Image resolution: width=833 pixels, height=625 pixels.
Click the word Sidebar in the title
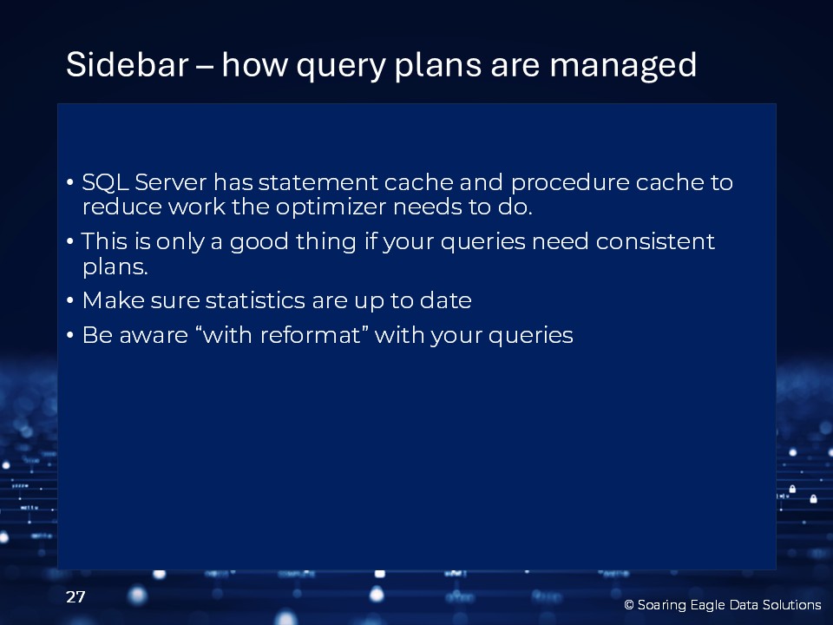127,64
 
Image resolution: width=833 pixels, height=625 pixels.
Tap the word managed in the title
623,66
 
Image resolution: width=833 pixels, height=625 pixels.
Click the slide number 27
75,597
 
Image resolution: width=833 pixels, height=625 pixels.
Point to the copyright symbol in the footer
629,605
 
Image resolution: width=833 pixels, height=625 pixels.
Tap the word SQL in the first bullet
105,182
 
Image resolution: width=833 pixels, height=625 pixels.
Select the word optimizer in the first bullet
331,207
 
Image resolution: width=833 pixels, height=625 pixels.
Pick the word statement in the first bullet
318,183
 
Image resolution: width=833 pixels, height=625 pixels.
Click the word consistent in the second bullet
655,241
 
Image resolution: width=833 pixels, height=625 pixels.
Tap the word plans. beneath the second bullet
115,266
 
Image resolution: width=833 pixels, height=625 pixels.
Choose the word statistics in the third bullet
255,300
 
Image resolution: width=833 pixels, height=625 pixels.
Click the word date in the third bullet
446,300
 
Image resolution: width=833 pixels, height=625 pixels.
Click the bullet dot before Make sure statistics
70,300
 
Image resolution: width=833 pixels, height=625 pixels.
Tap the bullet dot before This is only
70,241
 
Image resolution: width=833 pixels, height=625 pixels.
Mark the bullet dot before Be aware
70,335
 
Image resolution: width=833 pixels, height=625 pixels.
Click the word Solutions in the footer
791,605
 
